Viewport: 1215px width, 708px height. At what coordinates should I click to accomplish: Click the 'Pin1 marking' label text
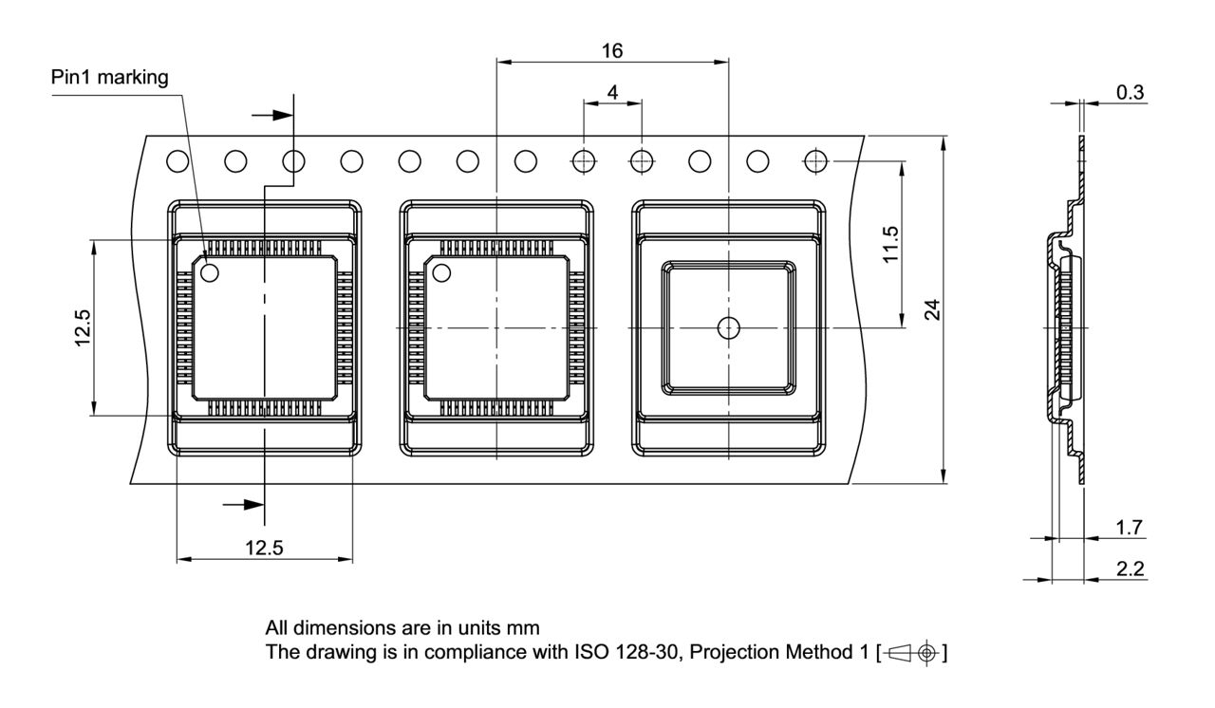click(109, 78)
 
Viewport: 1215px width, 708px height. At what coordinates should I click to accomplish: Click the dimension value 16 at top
click(613, 49)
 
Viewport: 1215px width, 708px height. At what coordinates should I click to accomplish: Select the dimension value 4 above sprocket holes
click(612, 92)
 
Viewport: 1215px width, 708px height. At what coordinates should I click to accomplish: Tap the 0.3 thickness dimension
click(1131, 92)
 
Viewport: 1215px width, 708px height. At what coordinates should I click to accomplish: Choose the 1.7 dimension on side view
click(1131, 527)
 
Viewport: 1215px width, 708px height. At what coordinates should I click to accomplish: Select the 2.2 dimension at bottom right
click(1131, 568)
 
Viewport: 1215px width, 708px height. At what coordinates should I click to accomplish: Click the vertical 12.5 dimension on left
click(84, 327)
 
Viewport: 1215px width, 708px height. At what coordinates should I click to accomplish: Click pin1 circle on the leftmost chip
click(209, 273)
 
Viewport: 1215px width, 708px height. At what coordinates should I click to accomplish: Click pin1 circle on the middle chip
click(441, 273)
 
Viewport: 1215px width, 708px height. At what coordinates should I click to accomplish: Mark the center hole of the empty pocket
click(728, 327)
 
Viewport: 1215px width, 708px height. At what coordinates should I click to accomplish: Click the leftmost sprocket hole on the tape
click(177, 161)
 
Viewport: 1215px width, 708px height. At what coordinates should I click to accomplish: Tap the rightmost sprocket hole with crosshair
click(814, 161)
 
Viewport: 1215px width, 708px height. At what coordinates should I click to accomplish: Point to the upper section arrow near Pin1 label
click(275, 114)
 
